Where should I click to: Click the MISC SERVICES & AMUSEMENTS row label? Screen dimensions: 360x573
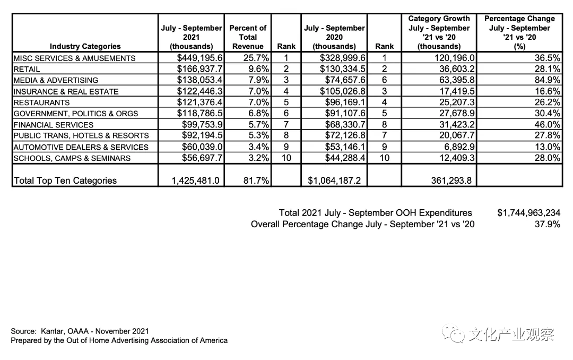click(x=74, y=58)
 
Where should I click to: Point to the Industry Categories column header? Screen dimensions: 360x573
click(x=85, y=46)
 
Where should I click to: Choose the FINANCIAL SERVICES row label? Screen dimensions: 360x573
click(x=53, y=124)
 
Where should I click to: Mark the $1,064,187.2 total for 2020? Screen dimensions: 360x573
click(x=334, y=181)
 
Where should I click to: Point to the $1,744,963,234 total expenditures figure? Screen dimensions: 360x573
click(x=528, y=213)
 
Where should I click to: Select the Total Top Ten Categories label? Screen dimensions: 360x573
click(x=65, y=181)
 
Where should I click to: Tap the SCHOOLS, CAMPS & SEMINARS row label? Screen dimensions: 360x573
click(x=72, y=158)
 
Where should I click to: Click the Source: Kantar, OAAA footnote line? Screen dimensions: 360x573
click(x=80, y=331)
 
